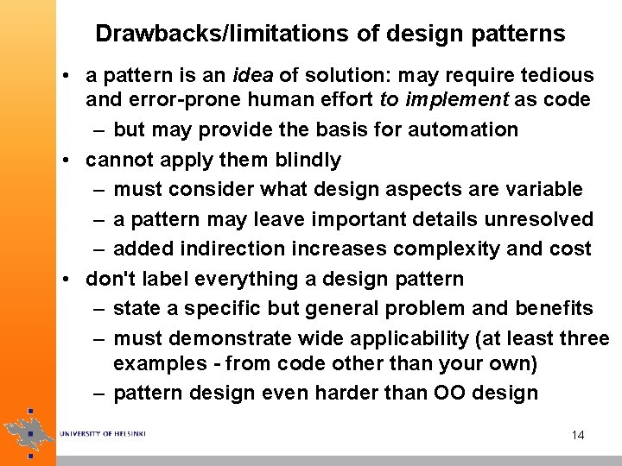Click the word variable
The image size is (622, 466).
click(548, 189)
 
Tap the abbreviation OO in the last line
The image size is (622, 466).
click(444, 393)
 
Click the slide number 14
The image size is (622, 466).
click(578, 435)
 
